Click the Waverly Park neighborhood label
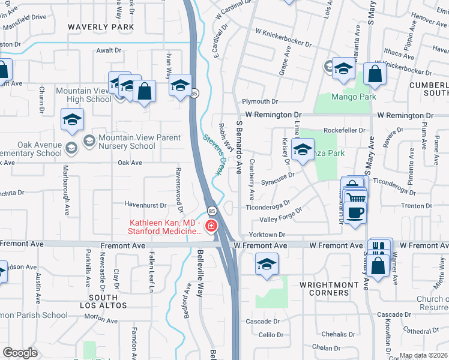pyautogui.click(x=100, y=27)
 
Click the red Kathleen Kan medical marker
pyautogui.click(x=211, y=226)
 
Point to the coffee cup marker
pyautogui.click(x=355, y=212)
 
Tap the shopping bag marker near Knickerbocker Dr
pyautogui.click(x=375, y=75)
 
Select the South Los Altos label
pyautogui.click(x=103, y=301)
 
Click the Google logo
pyautogui.click(x=20, y=353)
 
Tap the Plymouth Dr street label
pyautogui.click(x=261, y=102)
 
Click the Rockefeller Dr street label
pyautogui.click(x=344, y=130)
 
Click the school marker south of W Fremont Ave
pyautogui.click(x=266, y=265)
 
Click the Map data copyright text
pyautogui.click(x=423, y=355)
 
